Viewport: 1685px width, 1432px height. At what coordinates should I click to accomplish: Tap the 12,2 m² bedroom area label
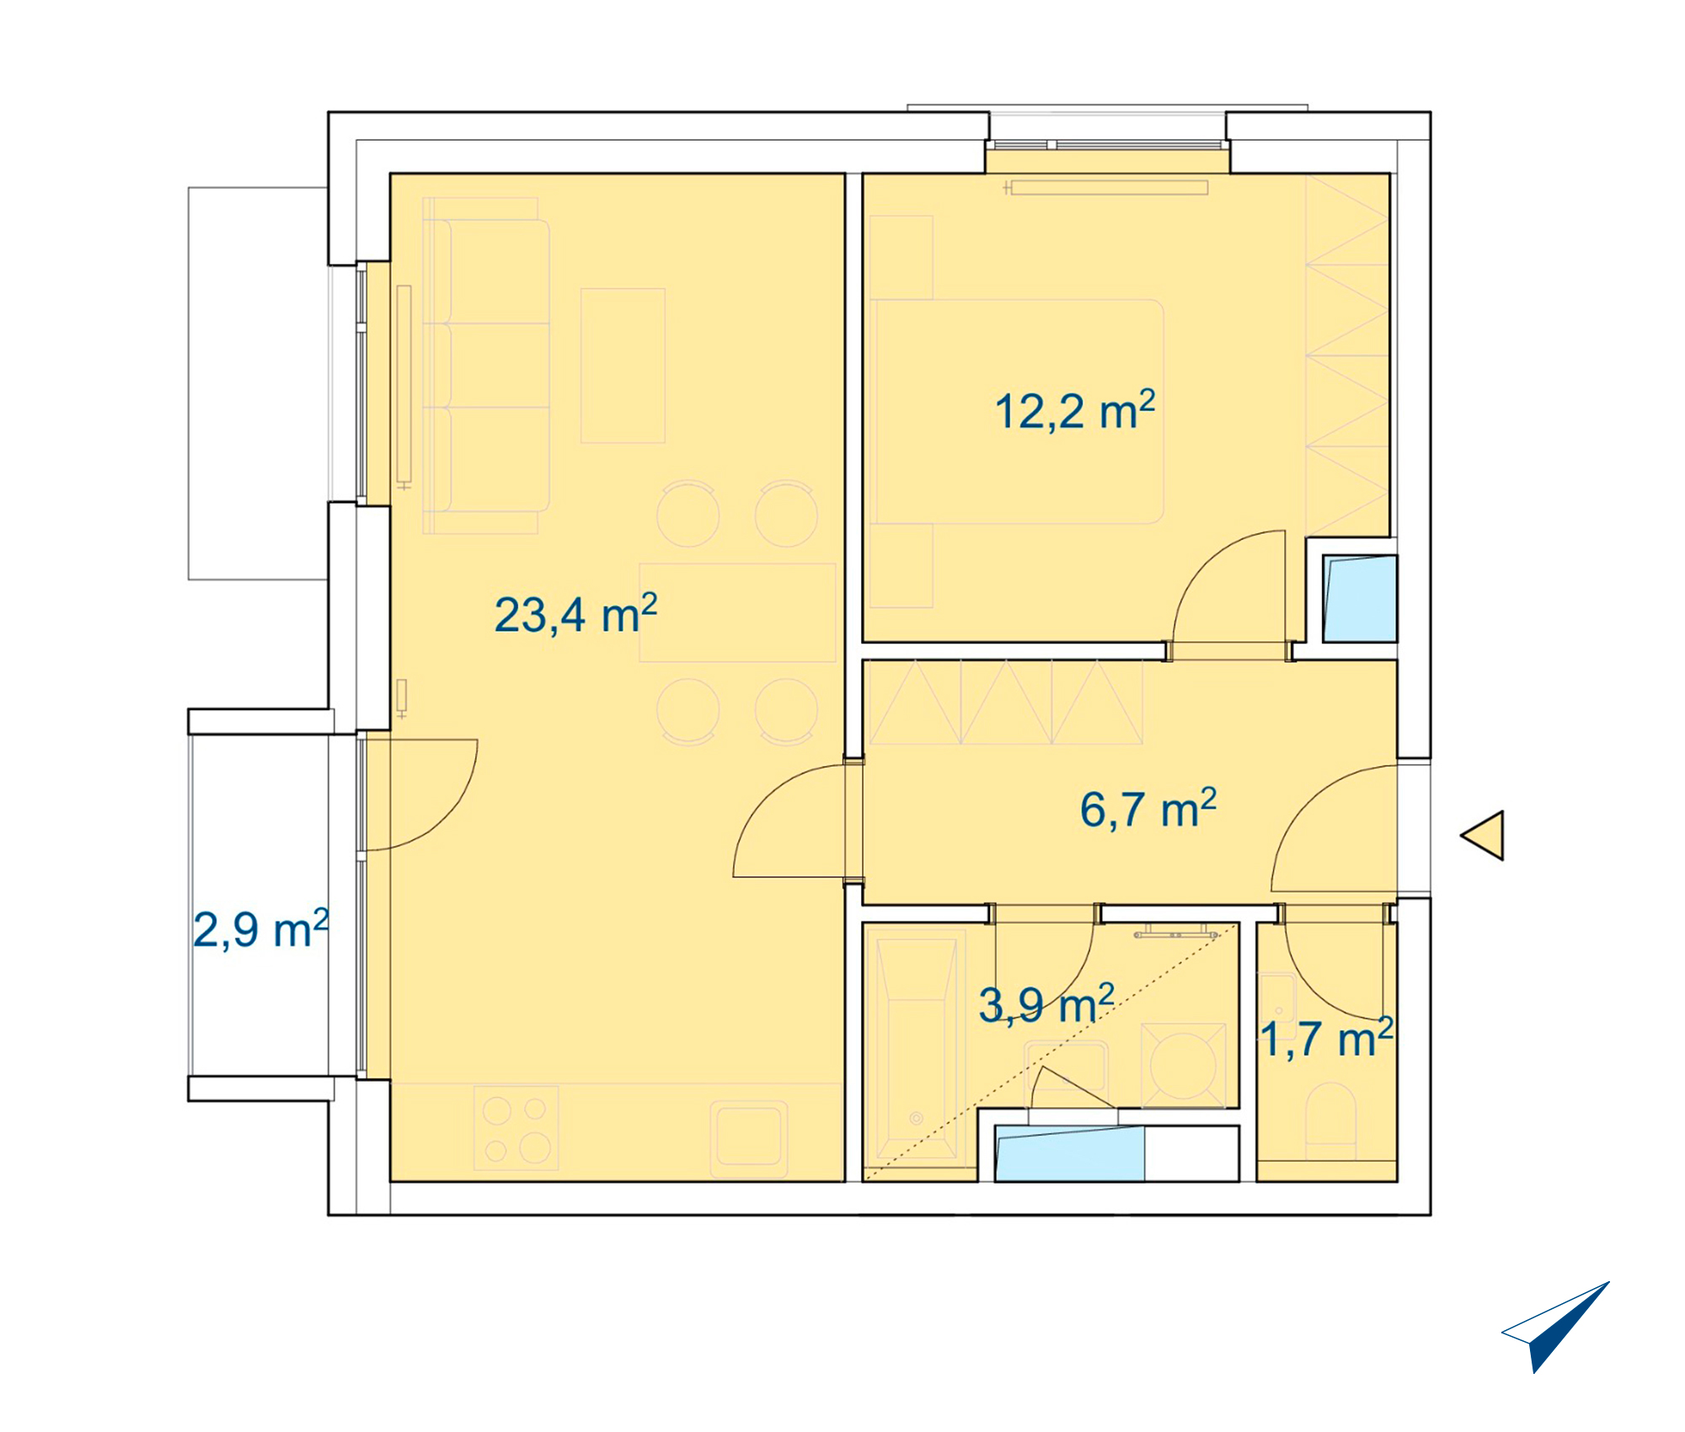pyautogui.click(x=1074, y=410)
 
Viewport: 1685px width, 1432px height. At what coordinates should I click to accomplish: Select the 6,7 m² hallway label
pyautogui.click(x=1148, y=809)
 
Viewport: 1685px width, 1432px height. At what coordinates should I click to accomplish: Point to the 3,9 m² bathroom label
pyautogui.click(x=1046, y=1003)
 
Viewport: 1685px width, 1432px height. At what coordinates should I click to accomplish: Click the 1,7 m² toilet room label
pyautogui.click(x=1327, y=1037)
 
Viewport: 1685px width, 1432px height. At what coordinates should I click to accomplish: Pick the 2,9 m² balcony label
pyautogui.click(x=261, y=929)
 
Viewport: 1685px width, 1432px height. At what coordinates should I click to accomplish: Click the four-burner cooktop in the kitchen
pyautogui.click(x=516, y=1128)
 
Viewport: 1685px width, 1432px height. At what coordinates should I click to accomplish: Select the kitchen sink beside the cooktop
pyautogui.click(x=750, y=1139)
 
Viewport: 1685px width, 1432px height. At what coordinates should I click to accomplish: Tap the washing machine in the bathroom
pyautogui.click(x=1183, y=1066)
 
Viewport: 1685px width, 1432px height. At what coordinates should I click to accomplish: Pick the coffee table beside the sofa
pyautogui.click(x=623, y=366)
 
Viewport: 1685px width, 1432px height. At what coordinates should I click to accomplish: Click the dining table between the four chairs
pyautogui.click(x=738, y=612)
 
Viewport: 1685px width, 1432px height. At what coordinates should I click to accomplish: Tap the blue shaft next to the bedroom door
pyautogui.click(x=1360, y=598)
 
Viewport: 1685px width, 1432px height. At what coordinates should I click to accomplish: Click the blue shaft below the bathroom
pyautogui.click(x=1069, y=1152)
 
